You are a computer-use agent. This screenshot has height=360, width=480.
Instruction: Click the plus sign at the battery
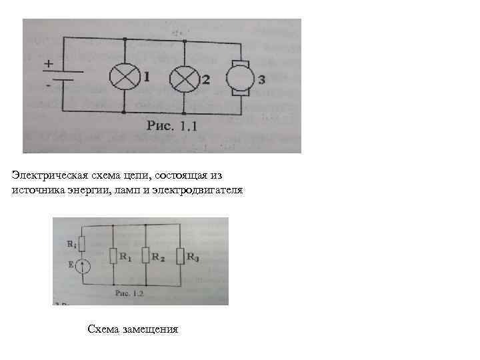pyautogui.click(x=49, y=65)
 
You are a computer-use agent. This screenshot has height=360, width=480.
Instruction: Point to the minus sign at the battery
pyautogui.click(x=49, y=86)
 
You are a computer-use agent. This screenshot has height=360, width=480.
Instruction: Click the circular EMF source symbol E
pyautogui.click(x=82, y=267)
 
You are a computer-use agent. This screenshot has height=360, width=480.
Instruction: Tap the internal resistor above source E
pyautogui.click(x=82, y=243)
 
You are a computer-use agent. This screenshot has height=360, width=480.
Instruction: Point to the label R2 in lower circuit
pyautogui.click(x=159, y=255)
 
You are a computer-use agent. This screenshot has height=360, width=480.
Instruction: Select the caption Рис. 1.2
pyautogui.click(x=130, y=292)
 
